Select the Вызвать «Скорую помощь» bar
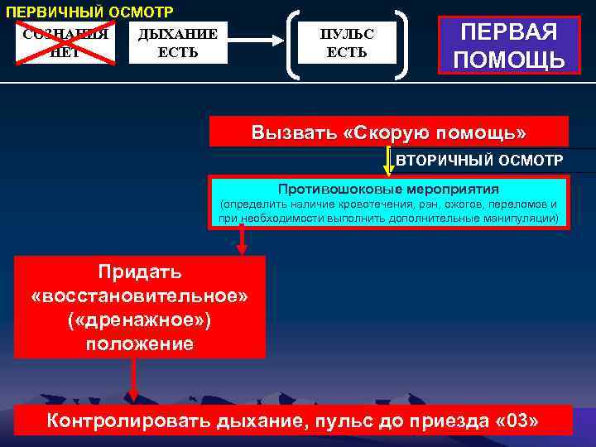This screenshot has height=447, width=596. pos(389,132)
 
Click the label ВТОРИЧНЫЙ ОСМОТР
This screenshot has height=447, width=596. pos(479,160)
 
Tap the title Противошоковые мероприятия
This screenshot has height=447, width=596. pos(388,189)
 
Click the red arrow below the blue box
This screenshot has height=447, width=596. pos(242,241)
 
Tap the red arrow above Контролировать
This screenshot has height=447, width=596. pos(133,384)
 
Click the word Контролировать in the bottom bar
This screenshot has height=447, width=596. pos(127,421)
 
